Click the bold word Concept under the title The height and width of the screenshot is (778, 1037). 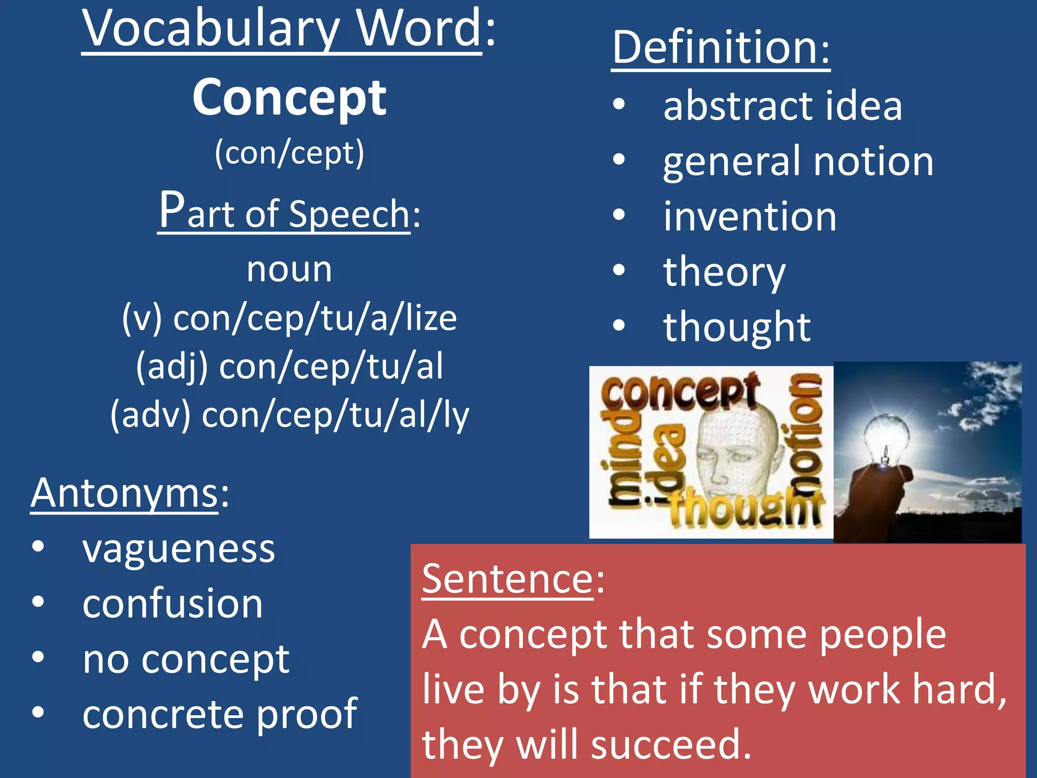tap(289, 98)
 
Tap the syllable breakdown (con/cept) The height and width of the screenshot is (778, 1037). tap(289, 153)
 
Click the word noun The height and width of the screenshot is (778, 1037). tap(289, 269)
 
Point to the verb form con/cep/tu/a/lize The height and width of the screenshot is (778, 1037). tap(314, 319)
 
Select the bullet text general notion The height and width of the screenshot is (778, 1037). tap(798, 162)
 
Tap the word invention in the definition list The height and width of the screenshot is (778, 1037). tap(749, 217)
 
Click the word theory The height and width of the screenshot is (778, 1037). tap(724, 273)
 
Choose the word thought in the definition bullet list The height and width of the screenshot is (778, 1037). tap(737, 327)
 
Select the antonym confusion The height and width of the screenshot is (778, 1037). tap(173, 604)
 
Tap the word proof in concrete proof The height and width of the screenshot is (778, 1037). tap(307, 715)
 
